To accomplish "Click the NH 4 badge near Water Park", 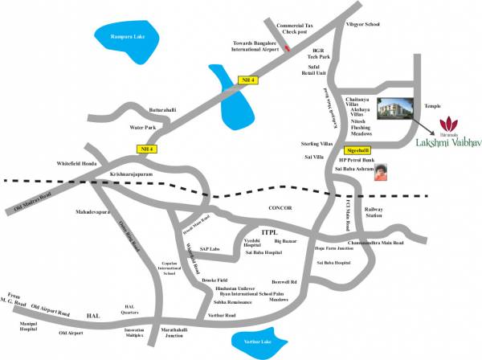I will coord(145,148).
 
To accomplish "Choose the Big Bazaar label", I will coord(286,240).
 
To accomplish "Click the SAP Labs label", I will coord(210,248).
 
